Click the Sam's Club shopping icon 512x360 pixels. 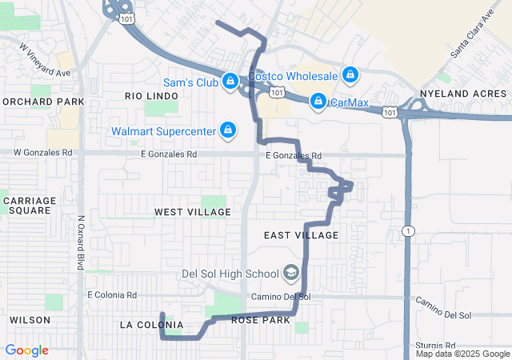230,81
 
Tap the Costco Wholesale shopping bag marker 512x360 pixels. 350,75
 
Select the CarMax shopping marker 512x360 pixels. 318,101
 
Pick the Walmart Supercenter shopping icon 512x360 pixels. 228,130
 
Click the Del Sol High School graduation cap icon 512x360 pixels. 290,274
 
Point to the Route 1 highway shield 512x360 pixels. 409,230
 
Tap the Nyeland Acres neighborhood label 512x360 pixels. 463,93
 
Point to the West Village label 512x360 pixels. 193,212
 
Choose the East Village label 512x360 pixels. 302,235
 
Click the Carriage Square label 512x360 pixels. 29,205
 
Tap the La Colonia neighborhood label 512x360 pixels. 151,325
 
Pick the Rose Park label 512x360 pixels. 260,320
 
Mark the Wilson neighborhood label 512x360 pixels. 30,320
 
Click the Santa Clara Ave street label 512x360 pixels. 472,35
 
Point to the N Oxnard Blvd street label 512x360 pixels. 81,242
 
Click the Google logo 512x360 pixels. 27,350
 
